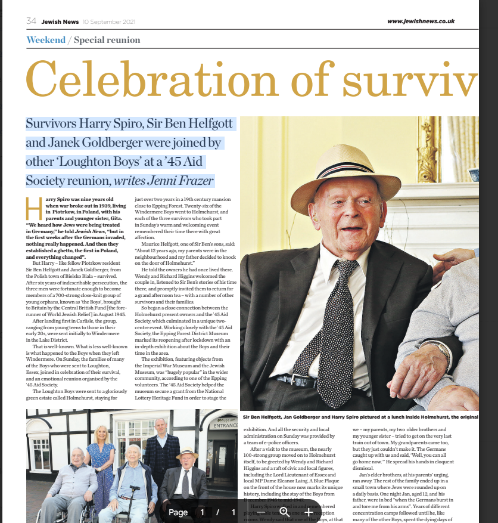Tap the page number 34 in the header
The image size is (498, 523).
click(x=32, y=21)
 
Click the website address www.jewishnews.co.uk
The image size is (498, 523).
click(x=421, y=21)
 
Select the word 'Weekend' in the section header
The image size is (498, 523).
click(x=46, y=40)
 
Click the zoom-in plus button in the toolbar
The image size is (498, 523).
click(x=309, y=512)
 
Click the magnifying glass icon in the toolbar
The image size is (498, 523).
click(x=284, y=512)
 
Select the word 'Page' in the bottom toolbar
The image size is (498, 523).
click(x=178, y=512)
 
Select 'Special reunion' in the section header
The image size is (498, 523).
click(x=107, y=40)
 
